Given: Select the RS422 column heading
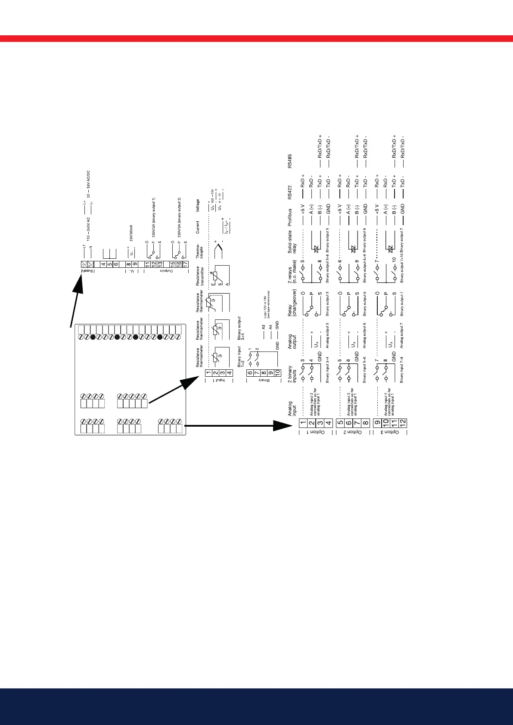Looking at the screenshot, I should [x=290, y=191].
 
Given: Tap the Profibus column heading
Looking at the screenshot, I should [x=290, y=218].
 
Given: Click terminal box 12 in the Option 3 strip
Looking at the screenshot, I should [x=403, y=423].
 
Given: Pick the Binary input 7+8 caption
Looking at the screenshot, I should [x=401, y=370].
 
